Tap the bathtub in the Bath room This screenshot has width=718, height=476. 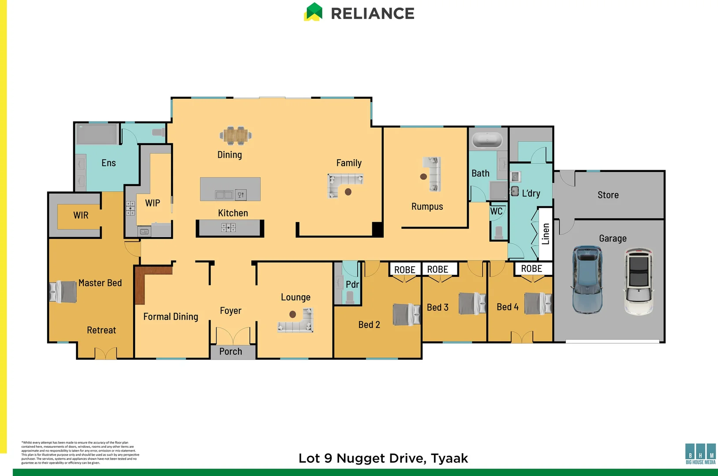pyautogui.click(x=487, y=140)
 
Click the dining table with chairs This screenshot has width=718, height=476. pyautogui.click(x=236, y=135)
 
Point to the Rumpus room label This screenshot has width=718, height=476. pyautogui.click(x=427, y=206)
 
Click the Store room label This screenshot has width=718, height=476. pyautogui.click(x=608, y=195)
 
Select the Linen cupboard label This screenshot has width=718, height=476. pyautogui.click(x=546, y=234)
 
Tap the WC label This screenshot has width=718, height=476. pyautogui.click(x=496, y=211)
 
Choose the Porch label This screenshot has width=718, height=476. pyautogui.click(x=231, y=351)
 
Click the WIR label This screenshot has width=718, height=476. pyautogui.click(x=81, y=215)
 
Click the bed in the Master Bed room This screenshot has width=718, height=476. pyautogui.click(x=64, y=292)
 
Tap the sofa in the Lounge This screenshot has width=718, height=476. pyautogui.click(x=297, y=322)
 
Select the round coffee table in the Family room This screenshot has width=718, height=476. pyautogui.click(x=348, y=192)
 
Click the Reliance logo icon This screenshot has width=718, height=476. pyautogui.click(x=313, y=12)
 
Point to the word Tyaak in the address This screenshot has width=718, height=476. pyautogui.click(x=449, y=458)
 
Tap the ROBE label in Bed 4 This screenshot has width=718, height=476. pyautogui.click(x=531, y=269)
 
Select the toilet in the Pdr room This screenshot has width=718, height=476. pyautogui.click(x=350, y=297)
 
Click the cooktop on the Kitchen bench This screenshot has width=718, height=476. pyautogui.click(x=228, y=227)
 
